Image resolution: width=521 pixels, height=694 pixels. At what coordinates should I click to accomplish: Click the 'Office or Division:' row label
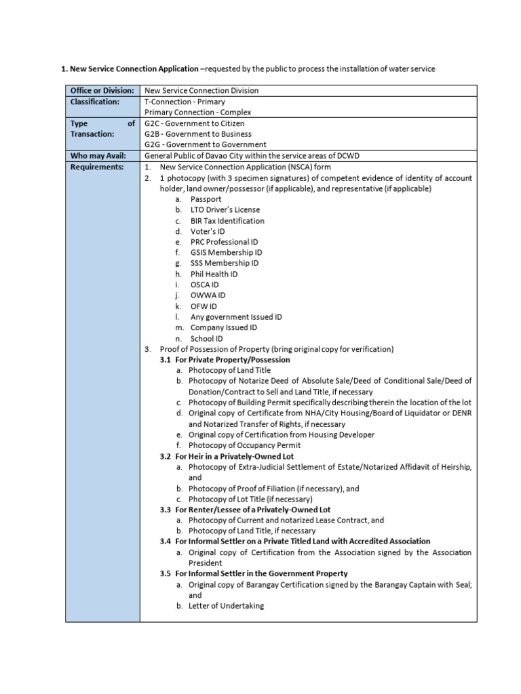coord(102,90)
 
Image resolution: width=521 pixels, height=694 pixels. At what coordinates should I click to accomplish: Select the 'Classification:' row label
coord(95,101)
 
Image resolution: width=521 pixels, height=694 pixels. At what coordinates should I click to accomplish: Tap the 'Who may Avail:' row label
coord(98,155)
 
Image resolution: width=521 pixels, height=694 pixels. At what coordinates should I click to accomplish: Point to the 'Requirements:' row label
coord(97,167)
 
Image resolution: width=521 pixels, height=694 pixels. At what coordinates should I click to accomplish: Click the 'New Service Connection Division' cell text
coord(201,90)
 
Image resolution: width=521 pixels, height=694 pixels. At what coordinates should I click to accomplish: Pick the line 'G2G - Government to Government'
coord(206,144)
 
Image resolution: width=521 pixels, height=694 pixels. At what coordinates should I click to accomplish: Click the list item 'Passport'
coord(206,199)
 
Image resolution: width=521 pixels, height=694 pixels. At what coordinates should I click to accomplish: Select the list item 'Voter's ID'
coord(208,231)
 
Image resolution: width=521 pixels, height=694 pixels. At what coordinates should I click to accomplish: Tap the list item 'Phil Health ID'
coord(214,274)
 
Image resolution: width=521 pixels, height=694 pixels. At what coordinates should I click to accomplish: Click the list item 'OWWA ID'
coord(208,295)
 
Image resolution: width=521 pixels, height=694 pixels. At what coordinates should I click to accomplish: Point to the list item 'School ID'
coord(206,338)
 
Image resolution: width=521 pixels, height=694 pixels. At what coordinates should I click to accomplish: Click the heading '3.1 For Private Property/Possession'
coord(225,360)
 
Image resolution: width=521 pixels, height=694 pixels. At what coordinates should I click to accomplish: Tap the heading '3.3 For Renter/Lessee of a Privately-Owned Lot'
coord(246,509)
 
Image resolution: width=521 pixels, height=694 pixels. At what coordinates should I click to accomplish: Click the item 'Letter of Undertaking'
coord(226,606)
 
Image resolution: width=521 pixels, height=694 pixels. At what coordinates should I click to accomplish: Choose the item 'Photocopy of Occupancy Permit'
coord(244,445)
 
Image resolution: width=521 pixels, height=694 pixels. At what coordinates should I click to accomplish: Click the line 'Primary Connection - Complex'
coord(198,112)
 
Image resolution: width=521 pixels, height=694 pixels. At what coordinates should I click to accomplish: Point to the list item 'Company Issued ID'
coord(224,327)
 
